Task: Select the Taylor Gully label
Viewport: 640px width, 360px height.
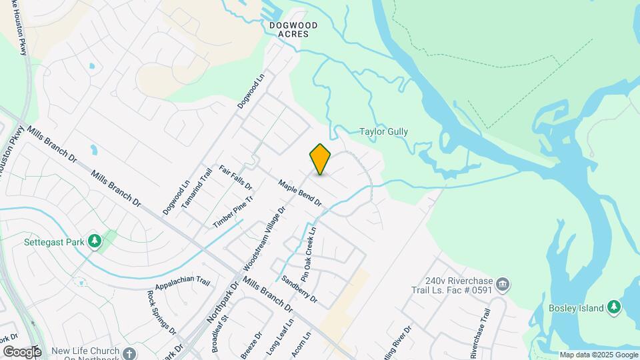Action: click(x=383, y=132)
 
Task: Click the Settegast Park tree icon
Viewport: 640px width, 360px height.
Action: click(x=94, y=241)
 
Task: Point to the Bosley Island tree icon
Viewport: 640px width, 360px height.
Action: click(x=614, y=307)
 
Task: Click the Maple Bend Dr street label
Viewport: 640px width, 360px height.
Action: click(x=300, y=193)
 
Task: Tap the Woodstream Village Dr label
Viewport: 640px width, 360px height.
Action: click(x=265, y=237)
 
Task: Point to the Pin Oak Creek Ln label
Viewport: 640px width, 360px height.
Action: click(x=308, y=252)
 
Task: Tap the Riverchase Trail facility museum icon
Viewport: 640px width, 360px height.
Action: click(x=503, y=285)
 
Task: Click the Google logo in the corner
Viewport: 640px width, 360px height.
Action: click(x=22, y=352)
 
